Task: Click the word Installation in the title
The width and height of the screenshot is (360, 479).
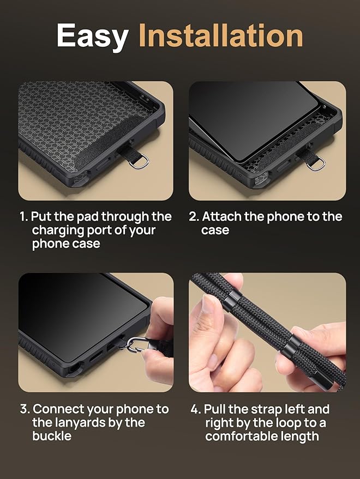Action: [x=220, y=36]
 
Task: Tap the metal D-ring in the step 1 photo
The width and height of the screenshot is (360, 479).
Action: [x=141, y=162]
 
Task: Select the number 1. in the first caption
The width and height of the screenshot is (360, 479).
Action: [x=24, y=217]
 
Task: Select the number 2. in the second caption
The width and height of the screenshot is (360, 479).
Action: [x=194, y=217]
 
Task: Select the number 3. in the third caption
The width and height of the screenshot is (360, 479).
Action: [x=25, y=409]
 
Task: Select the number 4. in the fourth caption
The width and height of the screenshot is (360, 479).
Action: [x=195, y=409]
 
